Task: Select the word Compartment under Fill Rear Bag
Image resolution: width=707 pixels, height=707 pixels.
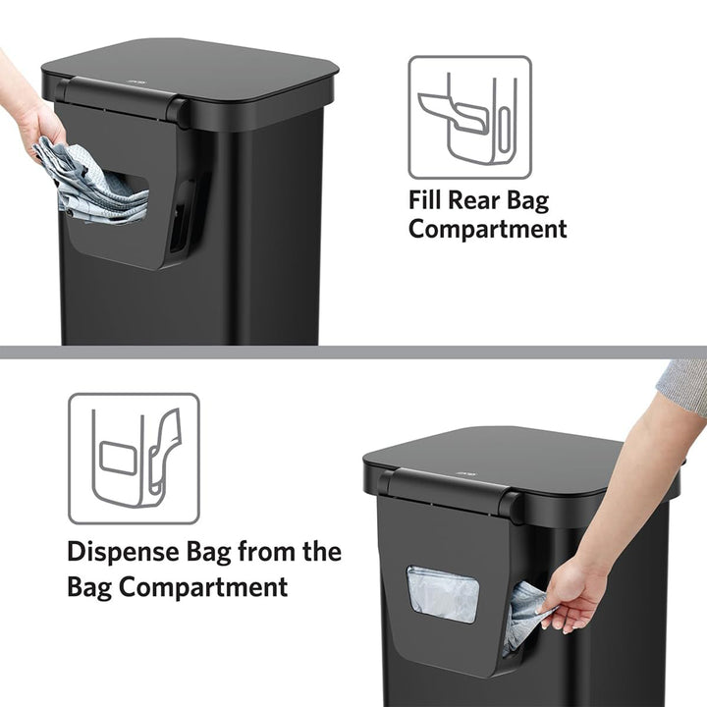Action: coord(488,230)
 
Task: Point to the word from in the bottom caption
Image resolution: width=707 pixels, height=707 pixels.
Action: coord(265,551)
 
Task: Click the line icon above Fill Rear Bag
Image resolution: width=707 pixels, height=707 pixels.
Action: coord(469,116)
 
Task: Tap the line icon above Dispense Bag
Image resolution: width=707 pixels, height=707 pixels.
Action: coord(134,459)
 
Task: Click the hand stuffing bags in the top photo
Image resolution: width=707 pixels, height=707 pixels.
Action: coord(37,123)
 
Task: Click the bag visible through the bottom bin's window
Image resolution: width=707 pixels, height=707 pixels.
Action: coord(443,594)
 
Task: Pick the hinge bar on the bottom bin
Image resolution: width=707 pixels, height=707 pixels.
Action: coord(447,488)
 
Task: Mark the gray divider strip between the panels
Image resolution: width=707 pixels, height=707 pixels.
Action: coord(353,352)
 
